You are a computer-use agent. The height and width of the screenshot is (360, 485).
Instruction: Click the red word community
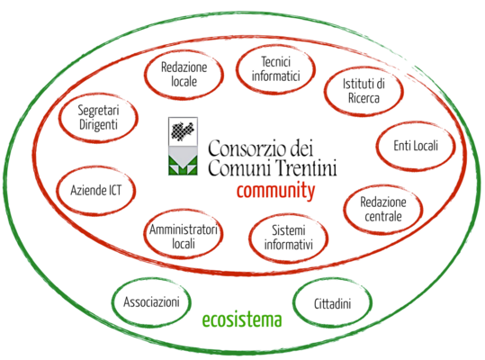coord(276,192)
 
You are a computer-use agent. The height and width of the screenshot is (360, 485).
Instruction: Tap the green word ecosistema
coord(242,319)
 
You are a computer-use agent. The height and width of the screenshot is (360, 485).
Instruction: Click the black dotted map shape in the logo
coord(183,131)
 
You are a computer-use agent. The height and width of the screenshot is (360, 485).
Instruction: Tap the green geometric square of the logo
coord(183,166)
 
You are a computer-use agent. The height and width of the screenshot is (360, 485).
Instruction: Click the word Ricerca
coord(364,98)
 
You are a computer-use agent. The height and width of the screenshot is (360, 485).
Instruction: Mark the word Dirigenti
coord(98,125)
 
